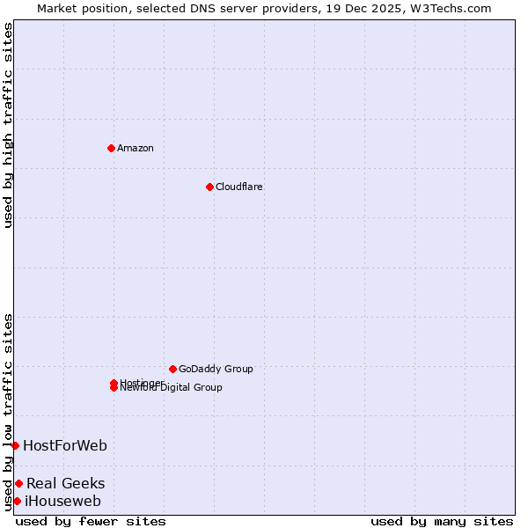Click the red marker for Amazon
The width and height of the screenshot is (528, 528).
(111, 148)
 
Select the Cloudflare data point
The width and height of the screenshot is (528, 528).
(209, 187)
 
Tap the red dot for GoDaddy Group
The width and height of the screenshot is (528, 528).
(172, 369)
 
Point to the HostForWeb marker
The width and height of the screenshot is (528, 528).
(15, 445)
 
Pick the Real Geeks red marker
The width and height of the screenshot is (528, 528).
(18, 483)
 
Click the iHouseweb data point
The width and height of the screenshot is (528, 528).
(17, 501)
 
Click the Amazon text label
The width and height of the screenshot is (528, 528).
(136, 148)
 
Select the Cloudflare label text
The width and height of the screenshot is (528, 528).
(239, 187)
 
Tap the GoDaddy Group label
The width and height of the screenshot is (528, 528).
(216, 369)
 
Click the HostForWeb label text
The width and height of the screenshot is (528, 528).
(65, 445)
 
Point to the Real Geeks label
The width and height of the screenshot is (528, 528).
(66, 483)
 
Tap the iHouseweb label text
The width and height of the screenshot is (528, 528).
(63, 502)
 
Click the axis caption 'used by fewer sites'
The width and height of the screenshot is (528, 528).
(91, 521)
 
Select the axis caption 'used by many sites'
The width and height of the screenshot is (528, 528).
(442, 521)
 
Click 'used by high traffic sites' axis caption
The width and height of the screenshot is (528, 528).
(8, 125)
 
